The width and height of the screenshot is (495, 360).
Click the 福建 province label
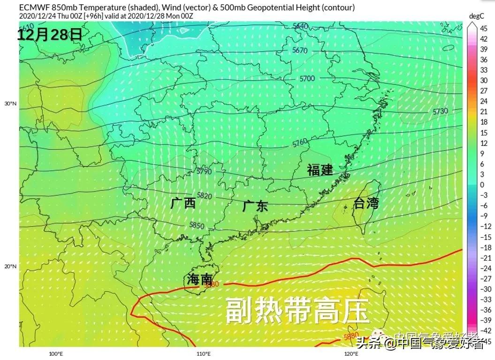[x=320, y=170]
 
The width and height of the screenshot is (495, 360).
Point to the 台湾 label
[x=366, y=203]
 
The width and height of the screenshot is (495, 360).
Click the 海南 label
[x=199, y=279]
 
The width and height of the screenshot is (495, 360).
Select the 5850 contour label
[x=197, y=225]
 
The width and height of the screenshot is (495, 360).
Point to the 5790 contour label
[x=205, y=172]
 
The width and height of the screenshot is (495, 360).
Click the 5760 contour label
[x=300, y=142]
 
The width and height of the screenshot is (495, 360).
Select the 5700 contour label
[x=307, y=78]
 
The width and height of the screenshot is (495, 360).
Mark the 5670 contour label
[x=300, y=50]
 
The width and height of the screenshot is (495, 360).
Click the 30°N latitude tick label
[x=10, y=104]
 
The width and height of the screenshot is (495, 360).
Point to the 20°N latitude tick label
[x=10, y=267]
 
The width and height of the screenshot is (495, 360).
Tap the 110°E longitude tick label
[x=203, y=354]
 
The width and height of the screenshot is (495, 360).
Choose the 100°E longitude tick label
[x=56, y=354]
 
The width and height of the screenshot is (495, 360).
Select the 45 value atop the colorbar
[x=483, y=29]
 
